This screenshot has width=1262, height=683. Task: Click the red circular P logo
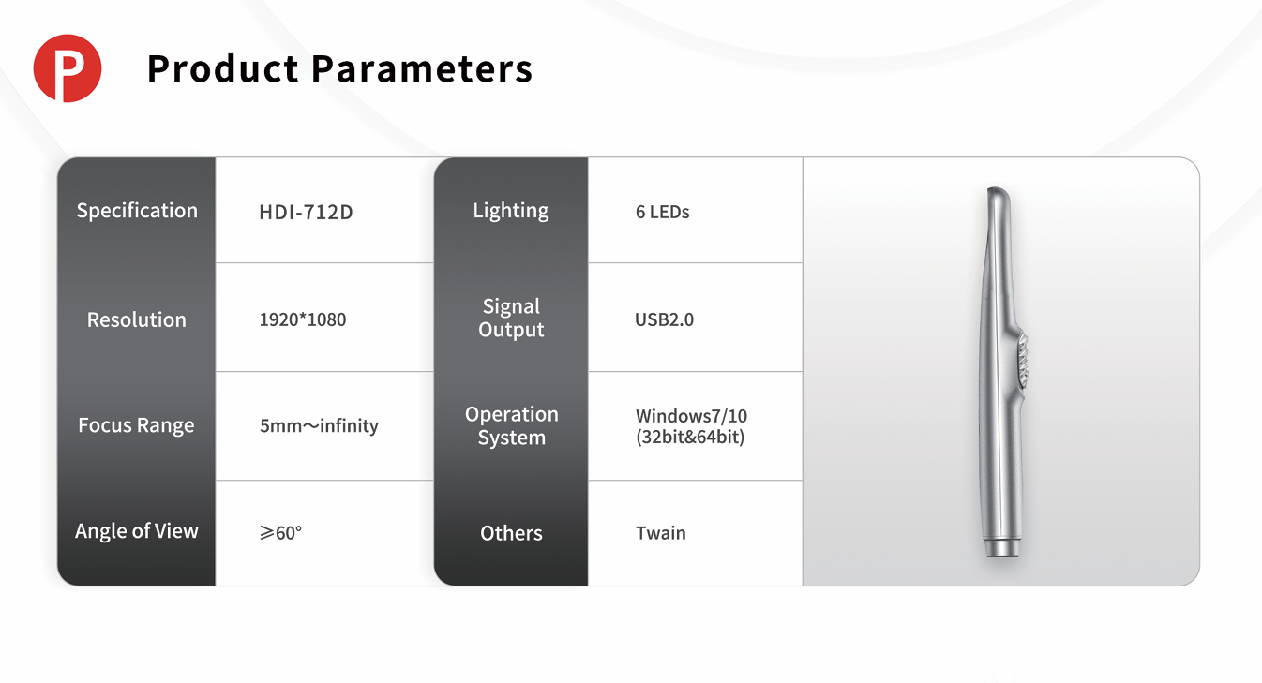[x=68, y=68]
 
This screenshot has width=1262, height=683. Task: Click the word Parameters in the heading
[x=421, y=68]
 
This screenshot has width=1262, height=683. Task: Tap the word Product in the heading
[x=222, y=68]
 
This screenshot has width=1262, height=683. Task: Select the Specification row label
[x=137, y=211]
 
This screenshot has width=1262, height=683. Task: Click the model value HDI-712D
[x=306, y=213]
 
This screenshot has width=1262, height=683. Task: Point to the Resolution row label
[x=136, y=319]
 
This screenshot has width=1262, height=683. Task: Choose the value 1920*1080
[x=303, y=319]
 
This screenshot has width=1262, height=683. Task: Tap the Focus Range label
[x=136, y=425]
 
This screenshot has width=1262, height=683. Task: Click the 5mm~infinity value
[x=319, y=425]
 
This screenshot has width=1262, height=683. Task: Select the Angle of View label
[x=136, y=531]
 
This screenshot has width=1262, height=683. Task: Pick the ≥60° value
[x=280, y=533]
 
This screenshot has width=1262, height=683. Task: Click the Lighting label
[x=510, y=211]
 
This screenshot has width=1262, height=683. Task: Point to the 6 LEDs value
[x=663, y=213]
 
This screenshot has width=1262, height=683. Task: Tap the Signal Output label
[x=511, y=318]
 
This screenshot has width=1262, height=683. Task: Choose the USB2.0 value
[x=664, y=319]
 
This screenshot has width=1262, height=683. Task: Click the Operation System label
[x=512, y=425]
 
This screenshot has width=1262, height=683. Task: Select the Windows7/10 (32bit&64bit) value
[x=691, y=426]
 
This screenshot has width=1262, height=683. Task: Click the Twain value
[x=661, y=533]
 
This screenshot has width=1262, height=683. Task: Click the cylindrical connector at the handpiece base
[x=1001, y=548]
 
